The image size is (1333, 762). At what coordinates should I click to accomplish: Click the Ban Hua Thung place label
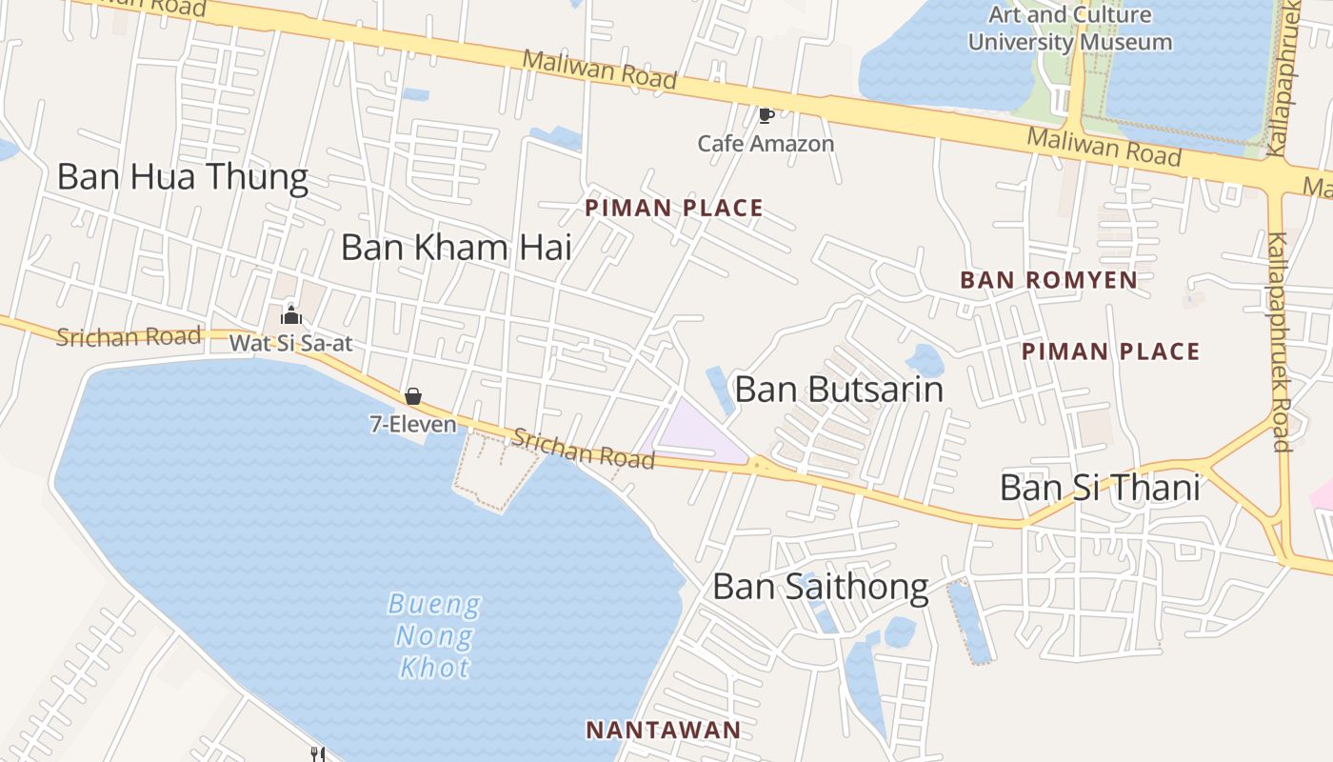(x=182, y=177)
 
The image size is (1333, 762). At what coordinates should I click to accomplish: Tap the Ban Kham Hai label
(x=456, y=248)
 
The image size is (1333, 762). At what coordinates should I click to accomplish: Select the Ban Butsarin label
(x=839, y=390)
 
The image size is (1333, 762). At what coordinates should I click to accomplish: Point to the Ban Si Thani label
(x=1100, y=488)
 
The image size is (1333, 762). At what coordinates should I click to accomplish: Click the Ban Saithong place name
(x=821, y=587)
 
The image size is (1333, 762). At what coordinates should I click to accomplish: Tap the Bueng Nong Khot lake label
(x=434, y=635)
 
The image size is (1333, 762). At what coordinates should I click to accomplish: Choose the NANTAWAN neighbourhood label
(x=663, y=731)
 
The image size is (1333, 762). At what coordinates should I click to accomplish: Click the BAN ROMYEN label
(x=1048, y=280)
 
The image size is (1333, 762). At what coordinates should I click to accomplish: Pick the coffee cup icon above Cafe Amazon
(x=766, y=115)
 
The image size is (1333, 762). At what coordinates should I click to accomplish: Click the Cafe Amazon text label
(x=766, y=144)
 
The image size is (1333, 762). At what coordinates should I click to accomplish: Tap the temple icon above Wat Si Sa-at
(x=291, y=315)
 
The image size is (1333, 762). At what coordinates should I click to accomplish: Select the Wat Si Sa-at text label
(x=290, y=343)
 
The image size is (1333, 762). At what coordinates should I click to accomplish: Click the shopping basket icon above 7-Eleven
(x=413, y=396)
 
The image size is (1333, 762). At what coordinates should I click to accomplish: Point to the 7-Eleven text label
(x=413, y=424)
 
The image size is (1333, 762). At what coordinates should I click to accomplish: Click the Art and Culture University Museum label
(x=1070, y=29)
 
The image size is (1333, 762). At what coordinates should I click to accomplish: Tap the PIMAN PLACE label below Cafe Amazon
(x=674, y=208)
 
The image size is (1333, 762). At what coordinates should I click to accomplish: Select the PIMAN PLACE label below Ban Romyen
(x=1110, y=351)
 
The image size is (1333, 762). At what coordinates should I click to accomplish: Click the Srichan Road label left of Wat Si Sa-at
(x=129, y=336)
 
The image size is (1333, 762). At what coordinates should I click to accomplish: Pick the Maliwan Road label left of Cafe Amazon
(x=600, y=70)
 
